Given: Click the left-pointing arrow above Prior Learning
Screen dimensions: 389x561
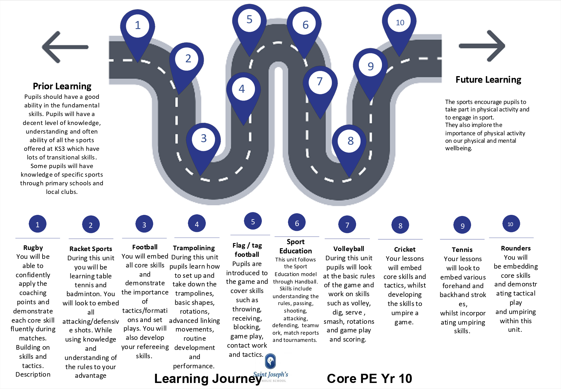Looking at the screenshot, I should click(x=65, y=47).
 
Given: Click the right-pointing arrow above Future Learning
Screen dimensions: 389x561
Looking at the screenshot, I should click(x=482, y=46).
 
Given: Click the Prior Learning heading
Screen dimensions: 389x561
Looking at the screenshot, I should click(x=62, y=86).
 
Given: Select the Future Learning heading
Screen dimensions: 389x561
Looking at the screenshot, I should click(x=488, y=80).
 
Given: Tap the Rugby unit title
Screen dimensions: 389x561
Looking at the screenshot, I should click(x=33, y=248).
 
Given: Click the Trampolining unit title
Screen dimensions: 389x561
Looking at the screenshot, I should click(x=194, y=248).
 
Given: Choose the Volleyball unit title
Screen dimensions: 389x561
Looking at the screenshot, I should click(x=349, y=249).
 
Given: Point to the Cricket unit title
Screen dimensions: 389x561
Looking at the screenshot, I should click(x=405, y=249).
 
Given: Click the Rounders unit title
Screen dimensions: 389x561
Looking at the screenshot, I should click(x=516, y=248).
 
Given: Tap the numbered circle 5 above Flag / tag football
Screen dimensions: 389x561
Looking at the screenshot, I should click(x=253, y=222).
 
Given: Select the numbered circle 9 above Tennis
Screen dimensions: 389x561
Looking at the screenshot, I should click(x=462, y=226).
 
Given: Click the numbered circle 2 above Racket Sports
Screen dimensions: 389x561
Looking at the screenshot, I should click(x=91, y=225).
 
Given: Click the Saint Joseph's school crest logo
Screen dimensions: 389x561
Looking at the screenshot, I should click(x=270, y=361).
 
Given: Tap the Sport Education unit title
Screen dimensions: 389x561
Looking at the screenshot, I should click(x=295, y=247).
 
